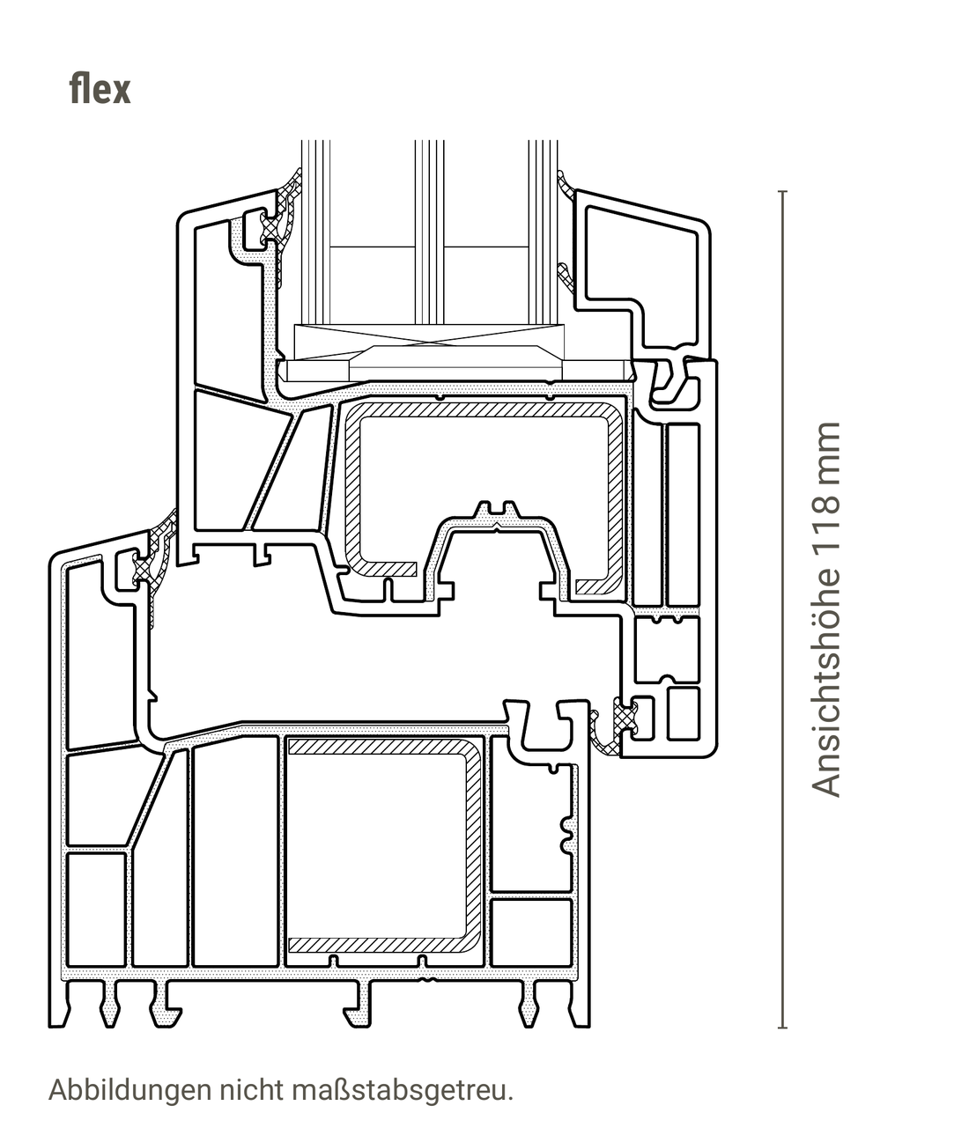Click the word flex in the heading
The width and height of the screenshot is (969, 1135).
100,90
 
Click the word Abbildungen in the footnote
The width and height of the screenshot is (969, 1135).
130,1090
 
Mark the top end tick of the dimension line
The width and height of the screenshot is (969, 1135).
783,191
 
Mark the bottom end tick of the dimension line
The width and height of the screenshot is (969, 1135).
783,1028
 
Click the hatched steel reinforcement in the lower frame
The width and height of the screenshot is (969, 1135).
474,845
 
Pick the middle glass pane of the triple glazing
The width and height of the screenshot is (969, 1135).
430,232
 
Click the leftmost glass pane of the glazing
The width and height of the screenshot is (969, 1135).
316,232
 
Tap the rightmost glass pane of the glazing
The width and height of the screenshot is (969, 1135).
544,232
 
